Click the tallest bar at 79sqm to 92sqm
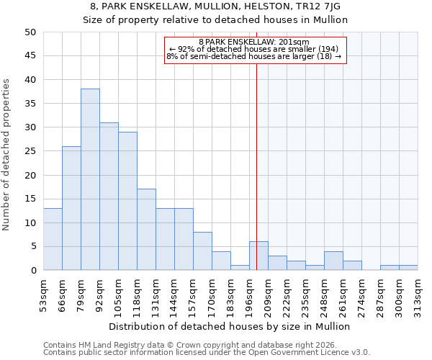[90, 180]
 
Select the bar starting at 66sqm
[71, 209]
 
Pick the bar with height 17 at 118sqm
[146, 230]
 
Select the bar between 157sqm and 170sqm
[202, 251]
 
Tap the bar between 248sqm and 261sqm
[333, 261]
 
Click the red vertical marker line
[257, 144]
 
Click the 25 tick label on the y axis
[30, 151]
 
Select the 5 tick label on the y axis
[32, 247]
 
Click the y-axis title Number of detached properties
[7, 155]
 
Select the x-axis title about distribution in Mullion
[230, 326]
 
